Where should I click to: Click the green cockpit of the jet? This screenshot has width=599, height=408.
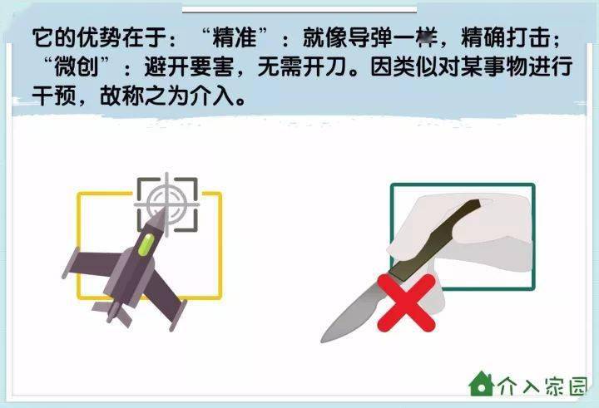pyautogui.click(x=146, y=244)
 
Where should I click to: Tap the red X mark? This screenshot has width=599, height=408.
pyautogui.click(x=407, y=302)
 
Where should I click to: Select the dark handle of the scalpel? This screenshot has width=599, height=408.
pyautogui.click(x=435, y=240)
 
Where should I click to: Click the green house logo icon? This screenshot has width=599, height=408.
pyautogui.click(x=482, y=384)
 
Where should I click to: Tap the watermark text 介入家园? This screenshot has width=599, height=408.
pyautogui.click(x=542, y=386)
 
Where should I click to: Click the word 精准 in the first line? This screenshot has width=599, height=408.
pyautogui.click(x=234, y=37)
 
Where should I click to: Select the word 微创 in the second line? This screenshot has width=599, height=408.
pyautogui.click(x=77, y=66)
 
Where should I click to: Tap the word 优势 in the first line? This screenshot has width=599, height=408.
pyautogui.click(x=99, y=37)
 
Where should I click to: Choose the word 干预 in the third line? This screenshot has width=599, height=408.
pyautogui.click(x=54, y=96)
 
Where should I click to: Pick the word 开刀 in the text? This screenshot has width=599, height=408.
pyautogui.click(x=324, y=66)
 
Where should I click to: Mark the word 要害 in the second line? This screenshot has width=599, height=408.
pyautogui.click(x=211, y=66)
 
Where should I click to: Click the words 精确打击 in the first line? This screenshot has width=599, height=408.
pyautogui.click(x=506, y=37)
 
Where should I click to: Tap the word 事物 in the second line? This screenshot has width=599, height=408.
pyautogui.click(x=506, y=66)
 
